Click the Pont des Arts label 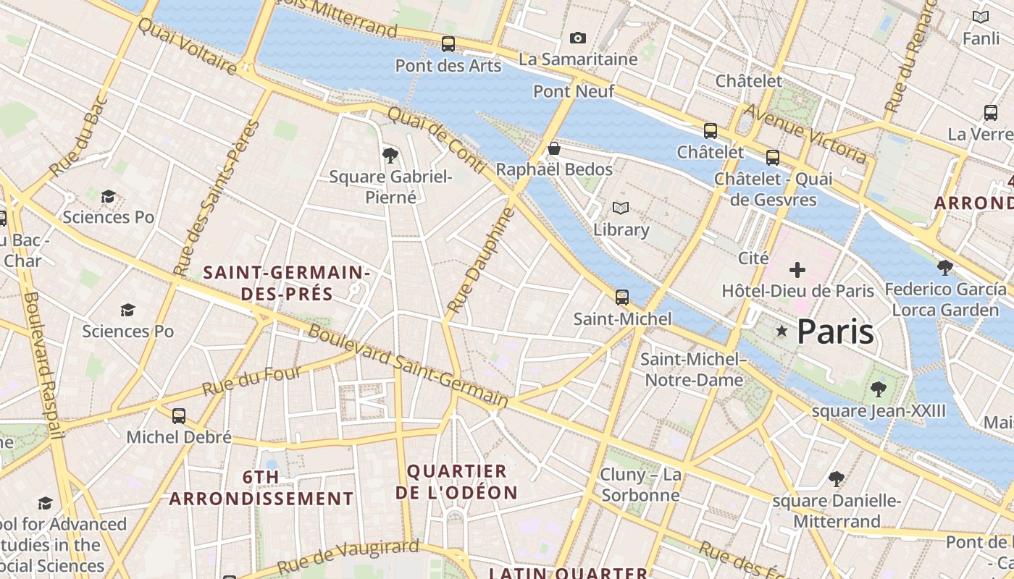(x=448, y=66)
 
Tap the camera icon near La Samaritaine (x=577, y=38)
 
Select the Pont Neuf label (x=574, y=91)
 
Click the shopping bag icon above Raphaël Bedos (x=554, y=148)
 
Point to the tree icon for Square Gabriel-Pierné (x=390, y=154)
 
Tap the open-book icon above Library (x=621, y=208)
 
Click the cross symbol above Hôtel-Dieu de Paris (x=797, y=271)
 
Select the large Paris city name (x=835, y=332)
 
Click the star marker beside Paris (x=782, y=331)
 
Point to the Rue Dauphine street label (x=480, y=261)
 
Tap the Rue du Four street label (x=251, y=380)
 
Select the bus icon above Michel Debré (x=179, y=416)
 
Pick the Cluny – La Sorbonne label (x=641, y=485)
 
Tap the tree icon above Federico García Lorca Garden (x=945, y=268)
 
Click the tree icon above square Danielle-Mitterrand (x=837, y=478)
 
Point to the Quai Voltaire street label (x=187, y=46)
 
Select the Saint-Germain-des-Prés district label (x=287, y=283)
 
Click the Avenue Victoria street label (x=805, y=133)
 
